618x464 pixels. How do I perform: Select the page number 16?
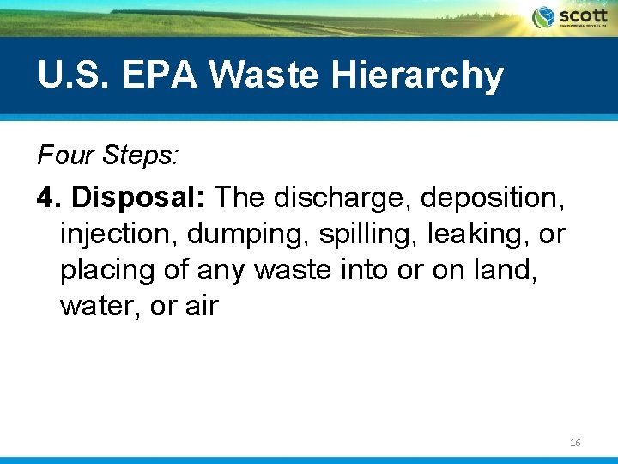point(575,442)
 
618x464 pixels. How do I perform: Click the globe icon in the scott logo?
point(543,17)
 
